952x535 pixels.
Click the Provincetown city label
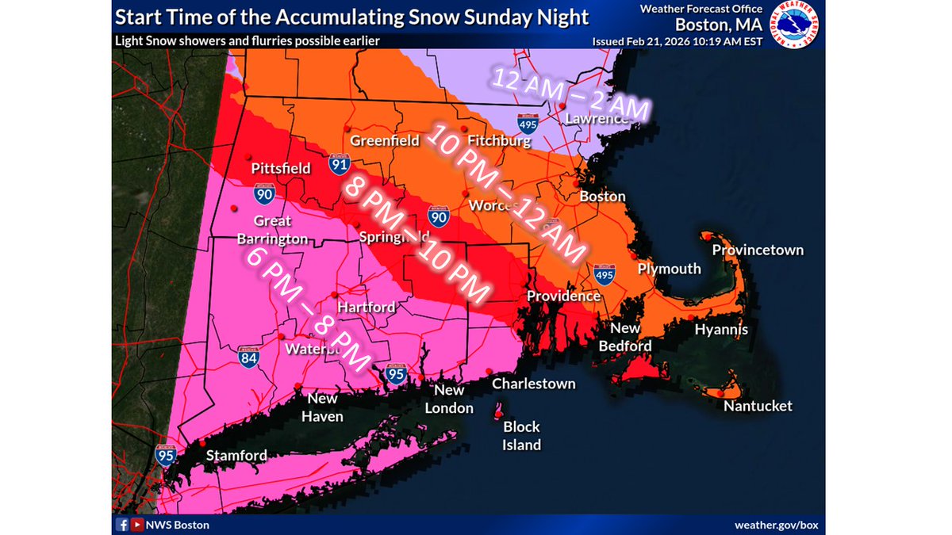pos(758,250)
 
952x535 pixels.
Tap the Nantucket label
pos(758,406)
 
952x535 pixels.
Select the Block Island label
pos(521,436)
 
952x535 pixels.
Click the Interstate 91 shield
pos(339,165)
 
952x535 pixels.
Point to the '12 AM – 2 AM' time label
pos(570,96)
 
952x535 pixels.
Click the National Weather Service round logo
pos(798,24)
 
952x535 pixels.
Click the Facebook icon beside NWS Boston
pos(123,525)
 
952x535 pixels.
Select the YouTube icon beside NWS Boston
pos(138,525)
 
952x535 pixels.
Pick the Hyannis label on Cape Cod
pos(721,330)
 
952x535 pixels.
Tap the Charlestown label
pos(533,384)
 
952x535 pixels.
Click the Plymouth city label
pos(670,269)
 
